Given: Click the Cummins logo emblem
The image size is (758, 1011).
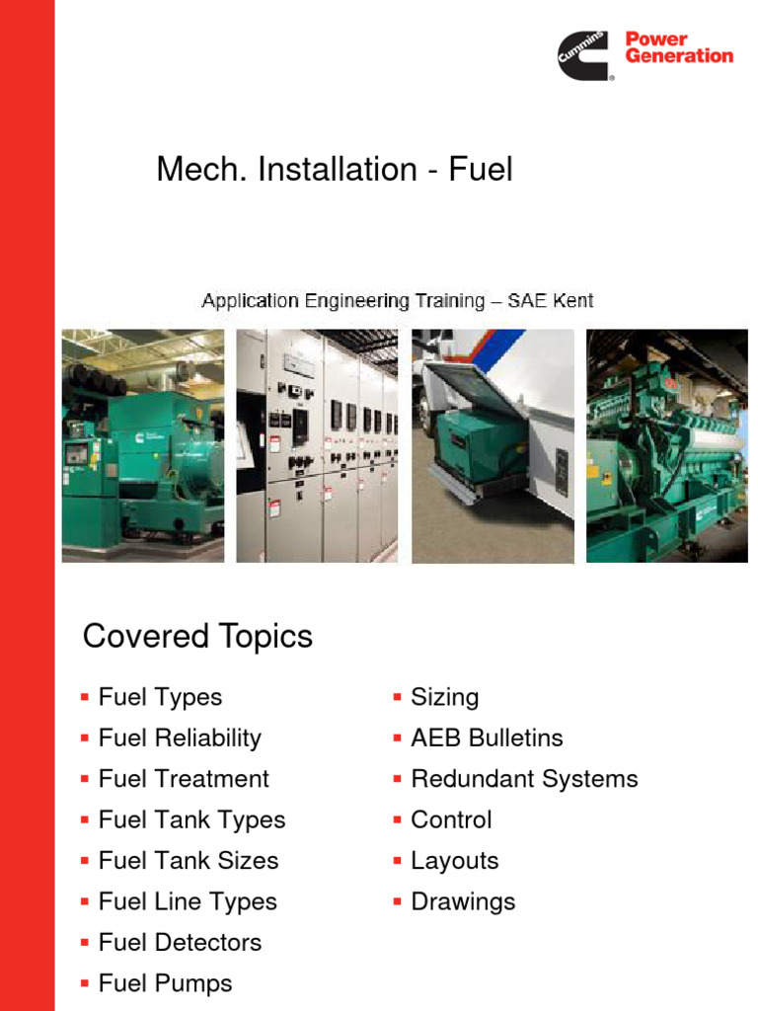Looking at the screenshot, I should (585, 54).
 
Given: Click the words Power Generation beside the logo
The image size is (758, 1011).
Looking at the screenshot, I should (679, 47).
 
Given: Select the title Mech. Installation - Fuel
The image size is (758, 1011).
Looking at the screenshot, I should (335, 170).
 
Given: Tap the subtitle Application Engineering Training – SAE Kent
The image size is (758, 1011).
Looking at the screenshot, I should (398, 300).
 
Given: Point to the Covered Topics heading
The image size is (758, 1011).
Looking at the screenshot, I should (197, 637).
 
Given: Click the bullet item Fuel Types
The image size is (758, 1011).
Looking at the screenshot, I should (160, 697).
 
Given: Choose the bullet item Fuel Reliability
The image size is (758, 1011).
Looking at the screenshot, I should (180, 739).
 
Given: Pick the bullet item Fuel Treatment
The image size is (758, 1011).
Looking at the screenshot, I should (184, 779).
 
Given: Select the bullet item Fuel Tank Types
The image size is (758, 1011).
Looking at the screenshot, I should (191, 819).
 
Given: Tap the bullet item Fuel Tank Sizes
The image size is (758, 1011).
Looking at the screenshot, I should (189, 861).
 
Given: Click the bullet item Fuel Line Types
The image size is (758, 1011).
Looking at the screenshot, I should (188, 901).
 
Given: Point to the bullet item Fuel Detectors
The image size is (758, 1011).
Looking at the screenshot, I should (180, 943).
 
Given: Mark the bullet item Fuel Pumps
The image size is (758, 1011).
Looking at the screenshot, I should (165, 983).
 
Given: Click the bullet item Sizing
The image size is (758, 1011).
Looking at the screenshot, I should (444, 697).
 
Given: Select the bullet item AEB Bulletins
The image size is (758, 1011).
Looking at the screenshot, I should (487, 739).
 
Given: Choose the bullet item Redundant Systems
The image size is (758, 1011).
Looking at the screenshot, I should (524, 779).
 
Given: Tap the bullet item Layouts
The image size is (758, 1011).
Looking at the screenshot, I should (454, 861).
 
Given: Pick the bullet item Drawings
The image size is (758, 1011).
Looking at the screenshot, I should (463, 901).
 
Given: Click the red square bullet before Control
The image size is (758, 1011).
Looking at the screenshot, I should (397, 820).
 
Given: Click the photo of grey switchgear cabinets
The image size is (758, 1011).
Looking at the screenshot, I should (317, 446).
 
